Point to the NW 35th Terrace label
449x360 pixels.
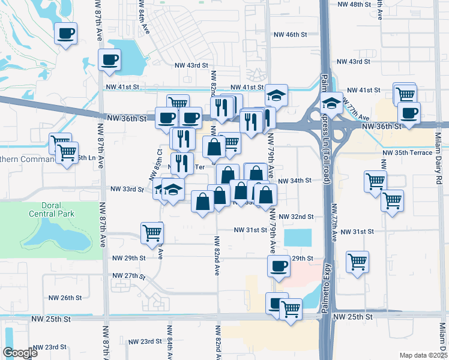(x=408, y=152)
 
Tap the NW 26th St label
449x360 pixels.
(x=65, y=298)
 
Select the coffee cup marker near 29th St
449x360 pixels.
(x=278, y=266)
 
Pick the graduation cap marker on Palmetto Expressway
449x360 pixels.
(x=331, y=101)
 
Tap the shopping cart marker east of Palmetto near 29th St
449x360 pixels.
(x=357, y=261)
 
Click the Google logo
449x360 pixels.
(x=20, y=353)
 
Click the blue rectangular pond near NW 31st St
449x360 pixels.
(x=298, y=238)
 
